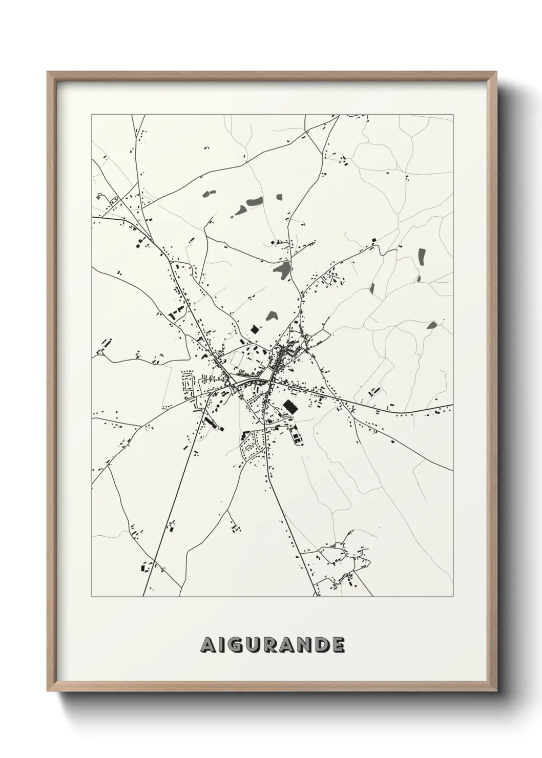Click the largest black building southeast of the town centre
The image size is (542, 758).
click(289, 407)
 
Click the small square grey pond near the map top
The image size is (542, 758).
click(279, 196)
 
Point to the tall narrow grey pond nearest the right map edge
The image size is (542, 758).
click(422, 256)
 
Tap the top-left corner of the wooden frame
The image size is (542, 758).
click(48, 72)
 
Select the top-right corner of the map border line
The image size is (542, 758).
click(453, 115)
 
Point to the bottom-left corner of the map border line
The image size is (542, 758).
click(92, 597)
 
